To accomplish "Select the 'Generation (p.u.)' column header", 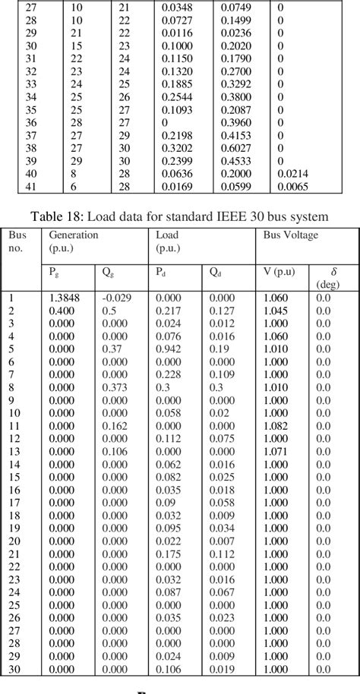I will [x=74, y=241].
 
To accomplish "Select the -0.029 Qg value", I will [x=118, y=298].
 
